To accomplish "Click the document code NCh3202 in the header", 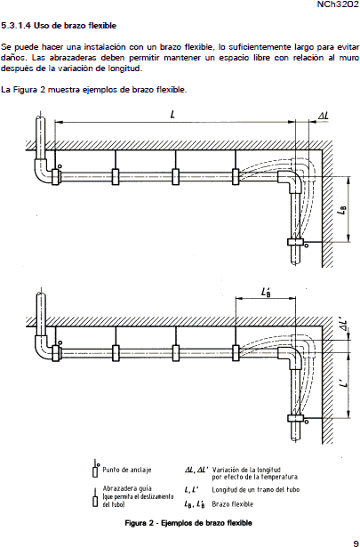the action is pos(337,4).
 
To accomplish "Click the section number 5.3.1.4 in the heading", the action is pos(16,26).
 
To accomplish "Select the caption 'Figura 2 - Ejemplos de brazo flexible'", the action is pos(188,523).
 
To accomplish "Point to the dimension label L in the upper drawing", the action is pos(172,115).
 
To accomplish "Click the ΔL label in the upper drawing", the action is pos(324,116).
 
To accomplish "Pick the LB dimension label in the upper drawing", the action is pos(342,211).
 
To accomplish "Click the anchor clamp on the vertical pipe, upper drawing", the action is pos(296,241).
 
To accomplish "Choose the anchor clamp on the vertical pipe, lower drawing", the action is pos(296,417).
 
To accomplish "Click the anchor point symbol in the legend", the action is pos(95,470).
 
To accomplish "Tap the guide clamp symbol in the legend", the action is pos(95,497).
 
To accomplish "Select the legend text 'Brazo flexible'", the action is pos(233,504).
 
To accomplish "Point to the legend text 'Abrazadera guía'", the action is pos(127,488).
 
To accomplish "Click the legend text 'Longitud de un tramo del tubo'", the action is pos(256,490).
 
